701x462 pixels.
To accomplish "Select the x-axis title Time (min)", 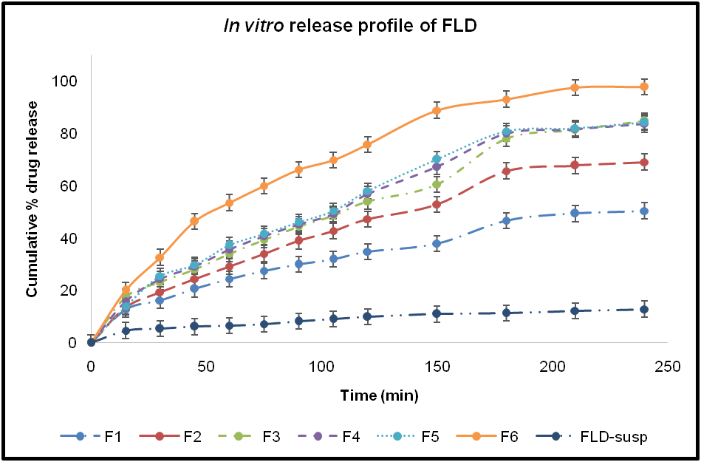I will click(x=379, y=395).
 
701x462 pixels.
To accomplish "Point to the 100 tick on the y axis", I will click(x=69, y=81).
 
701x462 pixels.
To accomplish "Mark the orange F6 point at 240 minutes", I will click(x=644, y=86).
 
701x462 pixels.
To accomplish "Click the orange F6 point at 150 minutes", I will click(x=437, y=111).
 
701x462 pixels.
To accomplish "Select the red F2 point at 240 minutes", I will click(x=644, y=163).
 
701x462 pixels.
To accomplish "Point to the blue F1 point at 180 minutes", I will click(x=506, y=220).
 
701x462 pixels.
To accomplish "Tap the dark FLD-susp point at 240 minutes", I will click(x=644, y=309).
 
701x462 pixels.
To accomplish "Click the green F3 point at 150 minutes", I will click(x=437, y=184).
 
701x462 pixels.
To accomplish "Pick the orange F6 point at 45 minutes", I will click(x=194, y=221).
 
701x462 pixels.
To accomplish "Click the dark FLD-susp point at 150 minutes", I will click(x=437, y=313).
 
